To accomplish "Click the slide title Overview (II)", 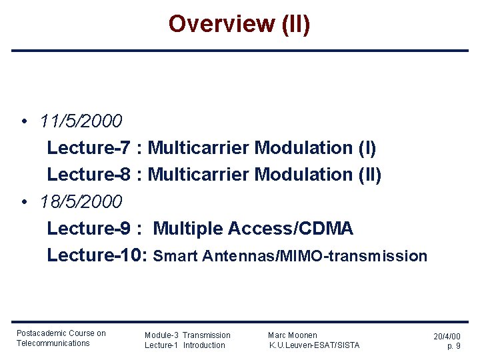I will (239, 24).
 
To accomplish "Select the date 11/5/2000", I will (81, 121).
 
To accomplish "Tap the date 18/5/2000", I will (81, 201).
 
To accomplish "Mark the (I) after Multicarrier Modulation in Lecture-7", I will (367, 147).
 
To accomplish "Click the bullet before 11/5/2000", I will (23, 122).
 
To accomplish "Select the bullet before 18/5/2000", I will (23, 202).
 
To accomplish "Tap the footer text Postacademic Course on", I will (61, 333).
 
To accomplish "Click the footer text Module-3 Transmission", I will (187, 335).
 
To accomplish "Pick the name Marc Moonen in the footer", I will (293, 335).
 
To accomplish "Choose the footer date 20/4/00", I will (447, 337).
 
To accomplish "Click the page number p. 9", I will (453, 347).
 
